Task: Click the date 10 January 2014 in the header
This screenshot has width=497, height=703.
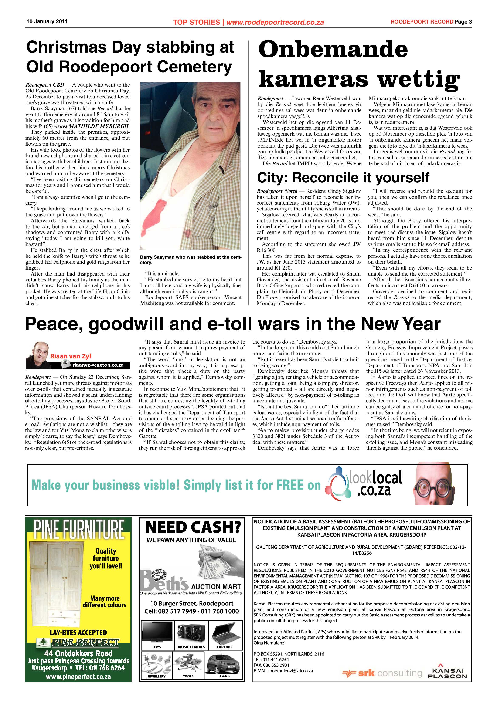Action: (x=47, y=21)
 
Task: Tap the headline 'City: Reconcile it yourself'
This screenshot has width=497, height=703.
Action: (x=343, y=178)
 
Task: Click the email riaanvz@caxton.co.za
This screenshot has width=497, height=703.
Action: (x=98, y=365)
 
